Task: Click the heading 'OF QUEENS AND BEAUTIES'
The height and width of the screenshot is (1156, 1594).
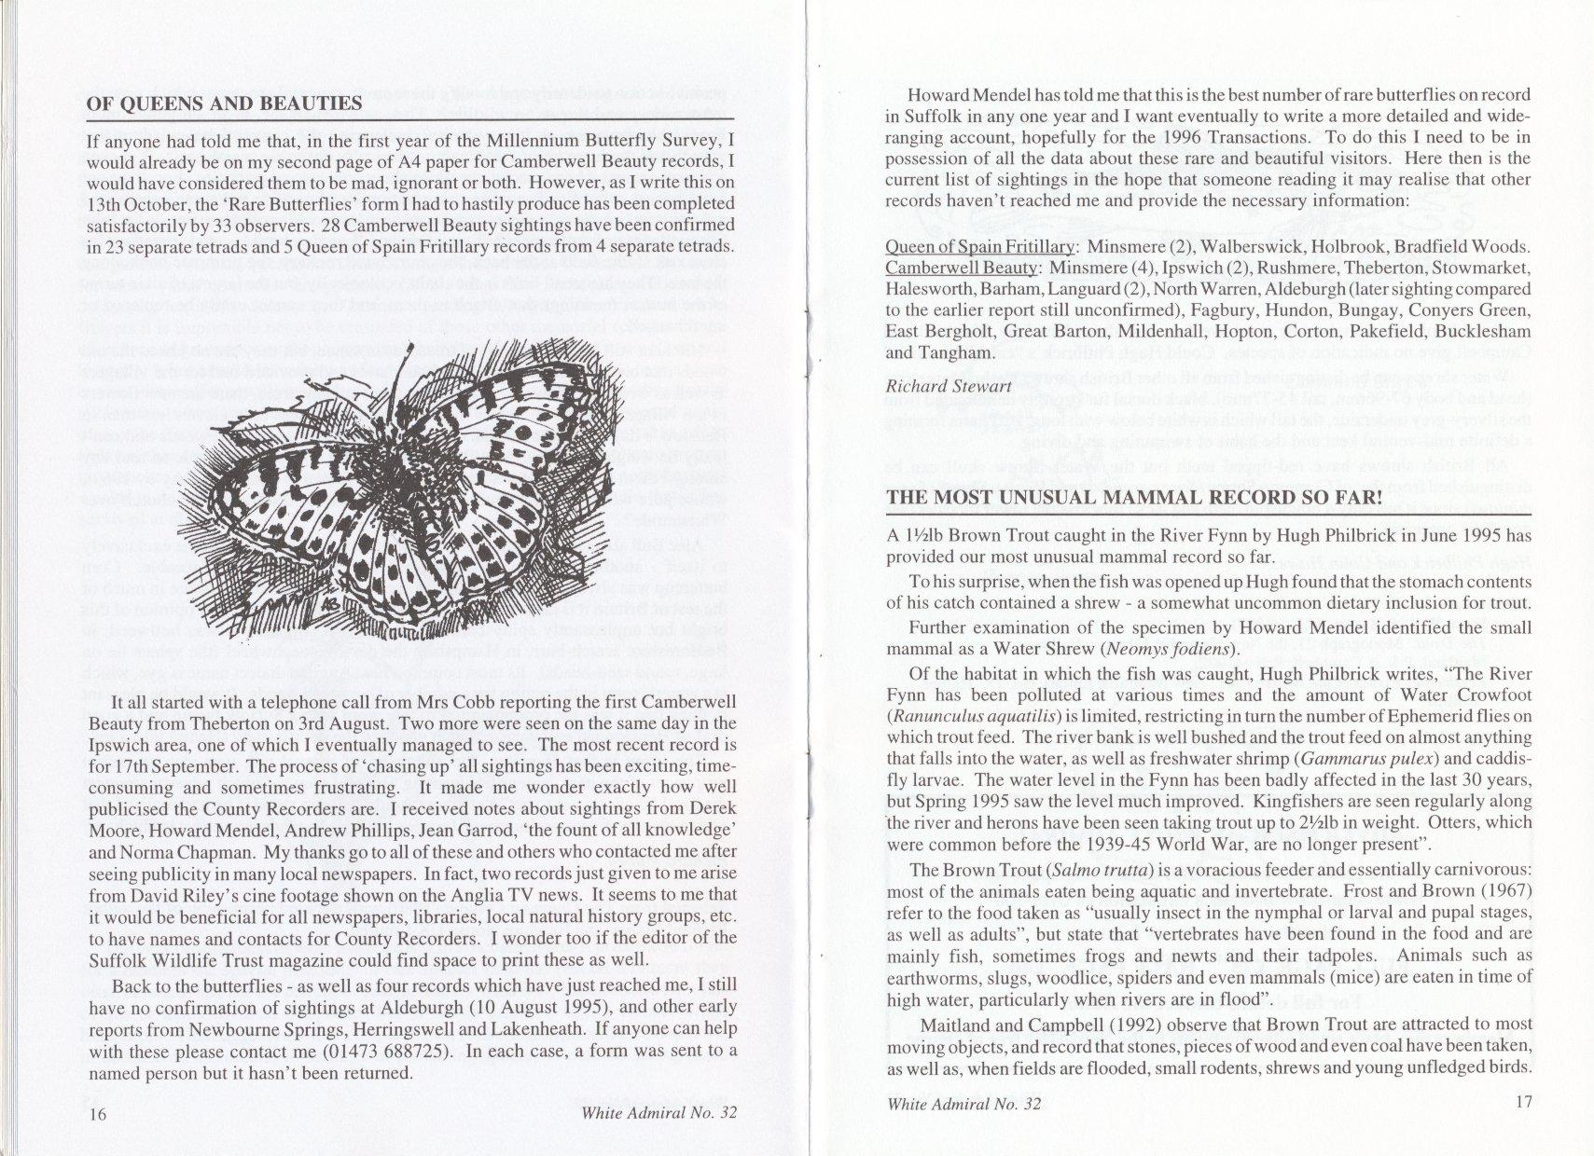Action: point(224,103)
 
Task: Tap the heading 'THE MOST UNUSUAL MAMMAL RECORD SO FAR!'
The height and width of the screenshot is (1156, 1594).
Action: point(1133,497)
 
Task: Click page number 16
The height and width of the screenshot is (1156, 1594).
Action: point(98,1115)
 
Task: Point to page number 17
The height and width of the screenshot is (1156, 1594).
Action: point(1523,1102)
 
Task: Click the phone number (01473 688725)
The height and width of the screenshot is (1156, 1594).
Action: point(376,1052)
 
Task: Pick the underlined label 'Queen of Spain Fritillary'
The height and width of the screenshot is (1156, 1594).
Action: point(979,246)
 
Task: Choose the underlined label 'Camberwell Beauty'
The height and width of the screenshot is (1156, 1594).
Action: point(962,268)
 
